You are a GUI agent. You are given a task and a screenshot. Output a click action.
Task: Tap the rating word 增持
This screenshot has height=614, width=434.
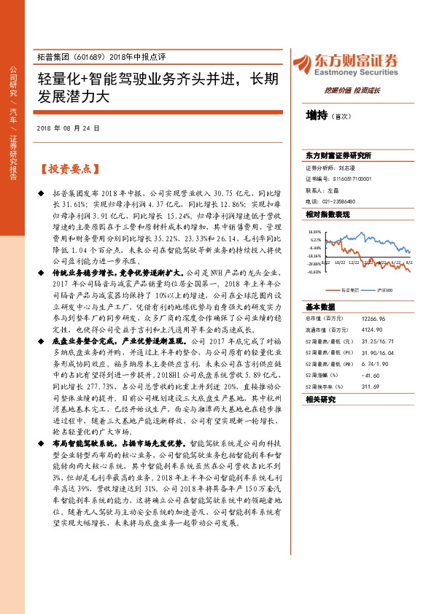pyautogui.click(x=316, y=115)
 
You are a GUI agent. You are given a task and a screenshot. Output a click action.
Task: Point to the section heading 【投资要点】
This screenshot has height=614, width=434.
pyautogui.click(x=67, y=169)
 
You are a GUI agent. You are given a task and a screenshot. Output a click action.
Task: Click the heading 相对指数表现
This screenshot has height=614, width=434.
pyautogui.click(x=328, y=214)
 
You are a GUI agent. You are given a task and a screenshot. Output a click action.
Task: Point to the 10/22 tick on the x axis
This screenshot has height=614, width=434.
pyautogui.click(x=339, y=261)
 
